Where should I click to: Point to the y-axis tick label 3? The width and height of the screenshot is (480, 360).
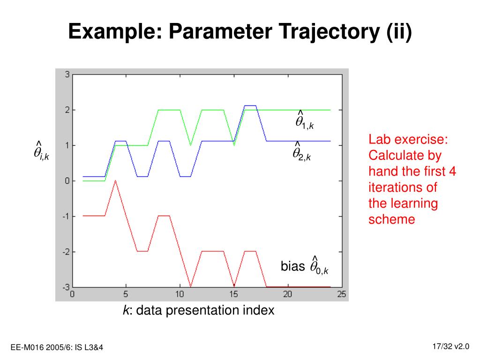point(67,75)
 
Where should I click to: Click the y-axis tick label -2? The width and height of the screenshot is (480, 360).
point(66,252)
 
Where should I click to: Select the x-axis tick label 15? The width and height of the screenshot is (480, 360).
point(233,294)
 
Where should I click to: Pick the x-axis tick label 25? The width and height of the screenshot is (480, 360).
point(342,294)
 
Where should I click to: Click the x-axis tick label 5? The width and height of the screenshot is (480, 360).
point(126,294)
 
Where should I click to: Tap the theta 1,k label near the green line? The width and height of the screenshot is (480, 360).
point(304,120)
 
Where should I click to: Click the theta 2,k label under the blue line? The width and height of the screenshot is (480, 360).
point(301,151)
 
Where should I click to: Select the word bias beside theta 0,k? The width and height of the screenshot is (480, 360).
point(292,266)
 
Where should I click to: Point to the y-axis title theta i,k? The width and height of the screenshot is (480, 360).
point(41,151)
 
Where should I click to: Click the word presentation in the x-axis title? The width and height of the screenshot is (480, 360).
point(202,310)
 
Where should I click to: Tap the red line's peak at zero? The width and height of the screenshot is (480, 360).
point(115,180)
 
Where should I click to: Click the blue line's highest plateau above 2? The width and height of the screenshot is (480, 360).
point(250,105)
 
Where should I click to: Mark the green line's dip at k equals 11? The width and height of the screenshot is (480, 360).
point(190,145)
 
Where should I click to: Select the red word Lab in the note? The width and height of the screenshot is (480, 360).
point(378,139)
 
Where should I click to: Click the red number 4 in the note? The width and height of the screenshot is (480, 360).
point(452,171)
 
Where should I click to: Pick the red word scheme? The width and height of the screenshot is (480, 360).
point(391,219)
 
